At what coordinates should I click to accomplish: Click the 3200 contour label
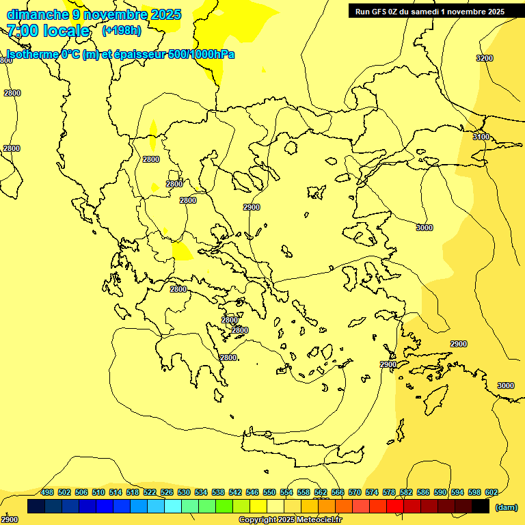pos(484,58)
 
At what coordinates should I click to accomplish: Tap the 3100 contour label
pos(481,137)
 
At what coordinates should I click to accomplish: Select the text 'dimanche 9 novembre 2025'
pos(94,14)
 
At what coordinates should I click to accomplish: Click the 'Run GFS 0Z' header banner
pos(430,11)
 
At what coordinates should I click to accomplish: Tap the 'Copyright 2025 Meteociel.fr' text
pos(290,520)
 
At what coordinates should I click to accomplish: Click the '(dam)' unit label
pos(506,507)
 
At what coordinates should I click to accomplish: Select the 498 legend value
pos(47,492)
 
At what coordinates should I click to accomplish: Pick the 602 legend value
pos(492,492)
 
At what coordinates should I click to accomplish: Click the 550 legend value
pos(269,492)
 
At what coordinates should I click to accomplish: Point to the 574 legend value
pos(372,492)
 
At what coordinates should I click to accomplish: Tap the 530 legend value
pos(184,492)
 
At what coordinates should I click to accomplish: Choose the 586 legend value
pos(423,492)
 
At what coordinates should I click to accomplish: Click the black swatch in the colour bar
pos(481,507)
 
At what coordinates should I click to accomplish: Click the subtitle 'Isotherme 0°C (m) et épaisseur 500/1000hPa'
pos(120,54)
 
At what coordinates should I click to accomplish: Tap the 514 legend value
pos(116,492)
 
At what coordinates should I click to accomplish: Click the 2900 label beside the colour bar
pos(10,520)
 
